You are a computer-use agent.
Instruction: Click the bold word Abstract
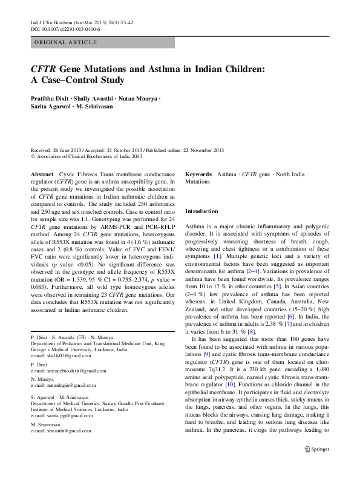click(42, 173)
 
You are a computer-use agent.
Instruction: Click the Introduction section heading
click(201, 211)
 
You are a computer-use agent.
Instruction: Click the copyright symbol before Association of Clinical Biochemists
click(33, 156)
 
